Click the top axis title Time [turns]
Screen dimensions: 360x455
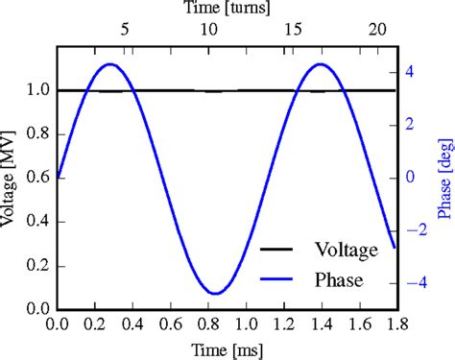(227, 9)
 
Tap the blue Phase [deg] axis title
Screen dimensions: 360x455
(445, 179)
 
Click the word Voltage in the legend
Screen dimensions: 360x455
(347, 251)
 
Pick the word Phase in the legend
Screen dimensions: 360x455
(337, 280)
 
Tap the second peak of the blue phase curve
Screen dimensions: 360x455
(321, 64)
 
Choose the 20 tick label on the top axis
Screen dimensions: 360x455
(375, 31)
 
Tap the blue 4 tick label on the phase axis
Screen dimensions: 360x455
(410, 71)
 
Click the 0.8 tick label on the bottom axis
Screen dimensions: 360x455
(206, 324)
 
